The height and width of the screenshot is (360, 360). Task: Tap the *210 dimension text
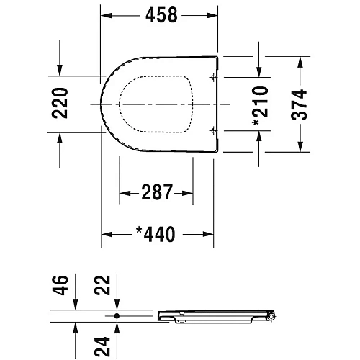tap(260, 105)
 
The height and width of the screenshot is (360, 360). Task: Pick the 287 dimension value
tap(156, 192)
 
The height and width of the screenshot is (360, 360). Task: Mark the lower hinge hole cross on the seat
tap(212, 130)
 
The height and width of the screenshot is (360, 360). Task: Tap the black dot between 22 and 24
tap(116, 315)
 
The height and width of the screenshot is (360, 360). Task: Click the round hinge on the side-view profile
tap(271, 317)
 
